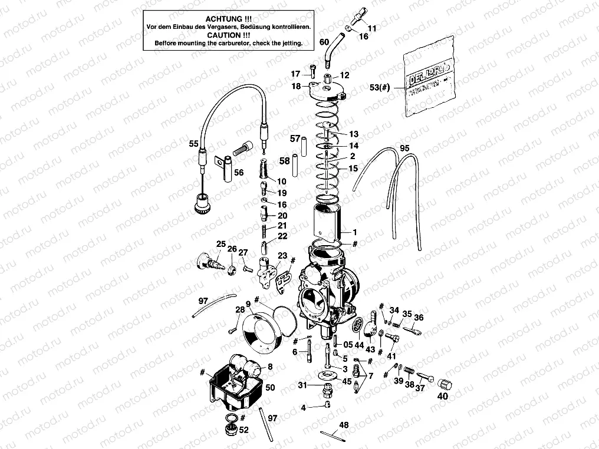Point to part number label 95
click(404, 148)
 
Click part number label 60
click(324, 42)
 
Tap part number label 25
click(220, 244)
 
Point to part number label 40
click(442, 397)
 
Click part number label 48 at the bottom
click(344, 424)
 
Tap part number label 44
click(359, 344)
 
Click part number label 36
click(418, 318)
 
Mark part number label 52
click(243, 430)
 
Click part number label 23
click(283, 256)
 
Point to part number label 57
click(295, 138)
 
